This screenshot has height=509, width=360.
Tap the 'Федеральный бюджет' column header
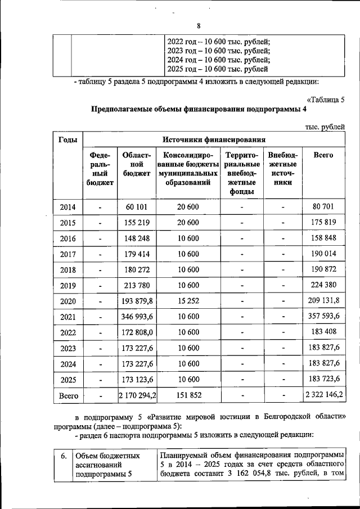click(100, 168)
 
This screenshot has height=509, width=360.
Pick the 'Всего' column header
click(323, 155)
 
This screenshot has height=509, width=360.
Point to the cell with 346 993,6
click(137, 317)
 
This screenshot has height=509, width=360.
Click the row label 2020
click(68, 301)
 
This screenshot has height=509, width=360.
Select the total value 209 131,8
click(323, 301)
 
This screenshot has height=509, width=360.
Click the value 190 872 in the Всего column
click(323, 269)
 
